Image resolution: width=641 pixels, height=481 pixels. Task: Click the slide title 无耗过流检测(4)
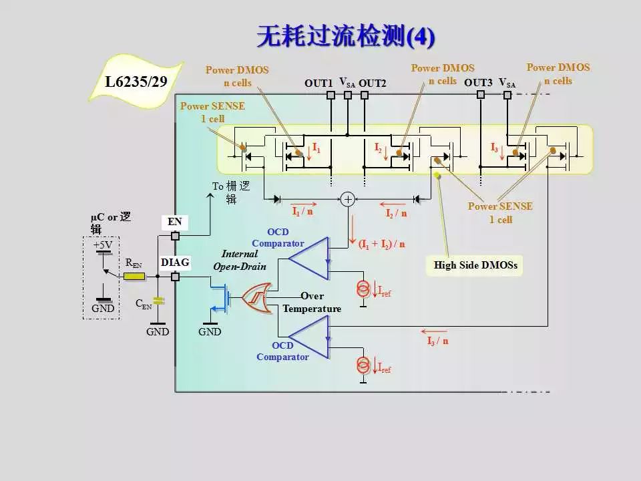click(345, 37)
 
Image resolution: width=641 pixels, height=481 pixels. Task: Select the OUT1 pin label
click(318, 84)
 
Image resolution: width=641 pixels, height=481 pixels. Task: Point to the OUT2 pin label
click(373, 84)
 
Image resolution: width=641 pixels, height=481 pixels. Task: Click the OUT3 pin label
click(478, 84)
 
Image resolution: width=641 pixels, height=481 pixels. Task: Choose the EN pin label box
click(175, 221)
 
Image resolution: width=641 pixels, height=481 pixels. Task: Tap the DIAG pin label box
click(175, 263)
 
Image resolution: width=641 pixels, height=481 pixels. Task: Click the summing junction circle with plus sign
click(347, 199)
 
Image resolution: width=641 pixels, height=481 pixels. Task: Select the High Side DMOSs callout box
click(475, 265)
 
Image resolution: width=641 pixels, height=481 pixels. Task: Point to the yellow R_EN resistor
click(135, 275)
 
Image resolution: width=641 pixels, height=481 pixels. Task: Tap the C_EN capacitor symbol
click(158, 301)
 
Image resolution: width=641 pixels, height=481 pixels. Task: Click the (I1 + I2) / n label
click(382, 245)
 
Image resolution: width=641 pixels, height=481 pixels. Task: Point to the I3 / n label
click(437, 341)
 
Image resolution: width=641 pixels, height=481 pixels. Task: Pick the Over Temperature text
click(312, 302)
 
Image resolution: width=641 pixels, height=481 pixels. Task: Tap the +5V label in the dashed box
click(103, 245)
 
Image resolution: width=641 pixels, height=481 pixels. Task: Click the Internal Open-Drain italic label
click(244, 260)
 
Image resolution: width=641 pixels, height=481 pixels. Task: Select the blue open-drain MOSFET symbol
click(224, 295)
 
